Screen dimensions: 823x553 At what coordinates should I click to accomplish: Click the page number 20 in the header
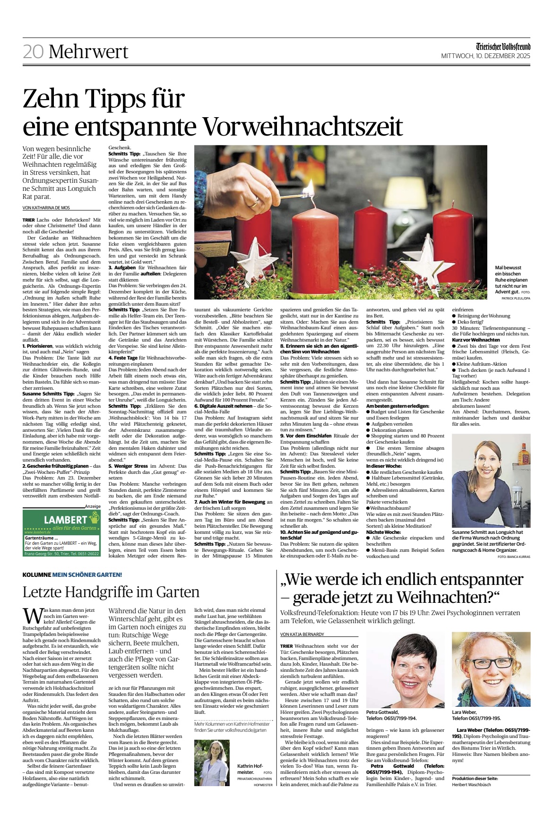click(x=33, y=51)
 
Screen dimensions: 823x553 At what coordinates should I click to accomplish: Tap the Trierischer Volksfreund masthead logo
click(x=503, y=47)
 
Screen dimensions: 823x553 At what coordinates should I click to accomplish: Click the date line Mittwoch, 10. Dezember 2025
click(x=485, y=56)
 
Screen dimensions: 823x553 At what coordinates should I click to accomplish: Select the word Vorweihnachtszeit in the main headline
click(x=302, y=126)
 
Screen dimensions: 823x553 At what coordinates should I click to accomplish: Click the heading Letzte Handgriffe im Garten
click(x=111, y=592)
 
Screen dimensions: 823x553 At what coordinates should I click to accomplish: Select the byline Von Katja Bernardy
click(x=302, y=634)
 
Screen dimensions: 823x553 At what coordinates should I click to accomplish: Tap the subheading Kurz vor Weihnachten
click(x=476, y=340)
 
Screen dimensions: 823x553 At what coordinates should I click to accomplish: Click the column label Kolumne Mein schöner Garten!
click(x=72, y=574)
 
